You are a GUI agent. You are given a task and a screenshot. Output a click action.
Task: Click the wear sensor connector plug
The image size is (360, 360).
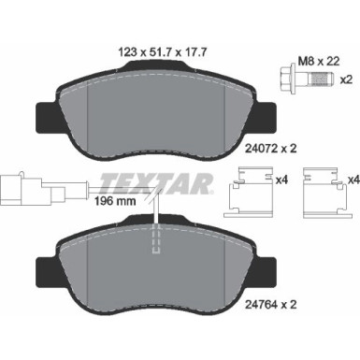click(x=17, y=185)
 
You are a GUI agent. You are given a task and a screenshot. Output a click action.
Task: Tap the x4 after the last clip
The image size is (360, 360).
click(x=351, y=175)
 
